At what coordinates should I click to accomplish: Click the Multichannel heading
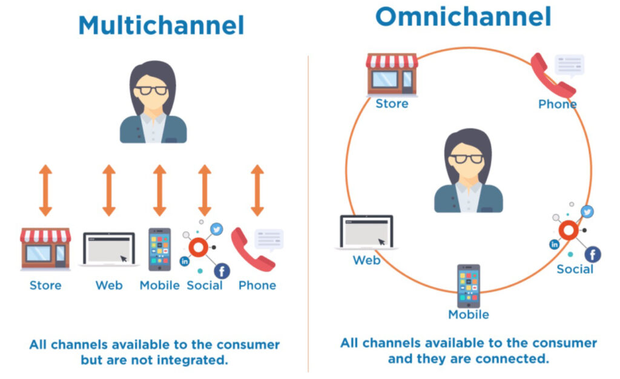pyautogui.click(x=161, y=25)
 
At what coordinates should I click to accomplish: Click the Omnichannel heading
pyautogui.click(x=463, y=16)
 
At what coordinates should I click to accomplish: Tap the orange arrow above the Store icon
pyautogui.click(x=45, y=190)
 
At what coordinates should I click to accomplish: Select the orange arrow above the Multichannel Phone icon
pyautogui.click(x=257, y=190)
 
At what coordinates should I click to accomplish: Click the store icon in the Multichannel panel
pyautogui.click(x=45, y=249)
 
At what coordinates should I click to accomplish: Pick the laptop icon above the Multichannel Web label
pyautogui.click(x=109, y=249)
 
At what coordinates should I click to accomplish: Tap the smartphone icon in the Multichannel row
pyautogui.click(x=160, y=249)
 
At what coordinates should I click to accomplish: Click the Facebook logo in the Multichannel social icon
pyautogui.click(x=222, y=271)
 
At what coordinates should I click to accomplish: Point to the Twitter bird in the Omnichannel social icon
pyautogui.click(x=587, y=212)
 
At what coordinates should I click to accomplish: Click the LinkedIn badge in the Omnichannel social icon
pyautogui.click(x=555, y=245)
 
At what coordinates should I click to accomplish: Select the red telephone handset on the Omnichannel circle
pyautogui.click(x=552, y=76)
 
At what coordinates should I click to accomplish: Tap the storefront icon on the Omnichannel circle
pyautogui.click(x=392, y=74)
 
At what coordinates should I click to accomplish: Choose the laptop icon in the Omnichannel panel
pyautogui.click(x=366, y=232)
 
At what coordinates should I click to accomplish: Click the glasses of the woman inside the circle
pyautogui.click(x=467, y=159)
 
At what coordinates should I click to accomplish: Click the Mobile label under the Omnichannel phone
pyautogui.click(x=469, y=315)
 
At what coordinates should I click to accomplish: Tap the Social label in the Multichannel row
pyautogui.click(x=205, y=285)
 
